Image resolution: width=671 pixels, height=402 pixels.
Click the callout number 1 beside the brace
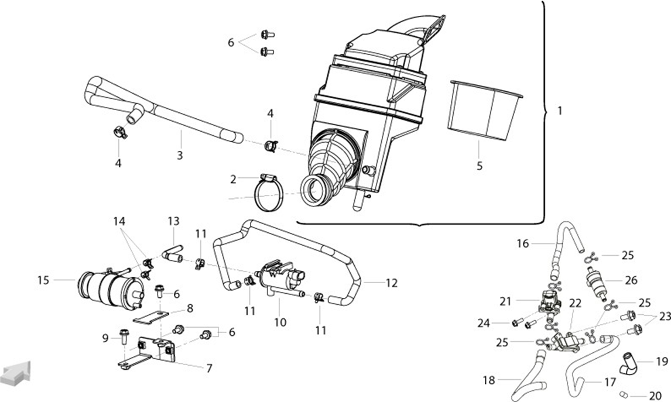point(559,111)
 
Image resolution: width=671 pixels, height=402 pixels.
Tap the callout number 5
point(480,166)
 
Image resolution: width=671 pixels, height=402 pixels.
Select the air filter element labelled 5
point(486,109)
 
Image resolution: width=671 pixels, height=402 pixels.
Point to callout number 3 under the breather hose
point(180,155)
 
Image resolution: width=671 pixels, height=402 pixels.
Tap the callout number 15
point(43,280)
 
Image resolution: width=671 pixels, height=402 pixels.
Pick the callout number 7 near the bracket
point(209,368)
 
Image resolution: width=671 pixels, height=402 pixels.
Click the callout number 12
point(391,283)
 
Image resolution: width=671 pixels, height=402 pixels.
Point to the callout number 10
point(280,322)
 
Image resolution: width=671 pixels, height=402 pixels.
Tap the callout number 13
point(173,222)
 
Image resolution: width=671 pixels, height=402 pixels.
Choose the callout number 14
point(119,222)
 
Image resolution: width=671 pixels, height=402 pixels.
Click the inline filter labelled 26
point(595,281)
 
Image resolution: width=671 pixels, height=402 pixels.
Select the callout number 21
point(505,301)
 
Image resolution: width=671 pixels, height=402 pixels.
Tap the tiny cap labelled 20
point(623,394)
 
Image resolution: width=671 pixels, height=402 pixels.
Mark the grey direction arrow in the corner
point(17,371)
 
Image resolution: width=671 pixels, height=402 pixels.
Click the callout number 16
point(522,244)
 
